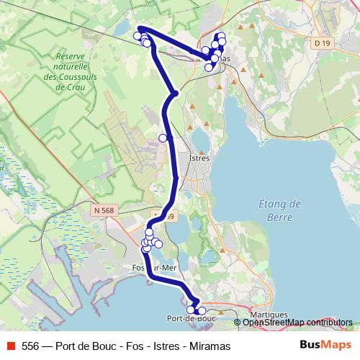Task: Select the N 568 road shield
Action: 103,210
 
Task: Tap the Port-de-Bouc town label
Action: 191,318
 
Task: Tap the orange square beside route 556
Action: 11,346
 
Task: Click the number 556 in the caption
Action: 30,346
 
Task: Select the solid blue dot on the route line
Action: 174,94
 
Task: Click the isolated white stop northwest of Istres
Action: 163,138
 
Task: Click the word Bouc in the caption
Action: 104,346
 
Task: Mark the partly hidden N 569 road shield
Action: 167,216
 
